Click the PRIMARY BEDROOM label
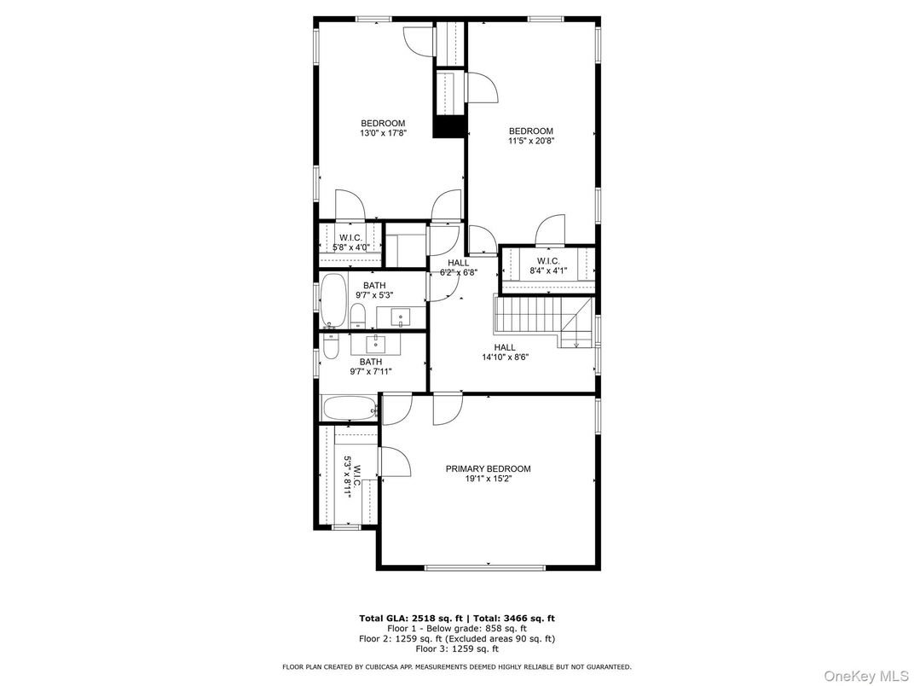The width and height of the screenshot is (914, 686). click(x=488, y=468)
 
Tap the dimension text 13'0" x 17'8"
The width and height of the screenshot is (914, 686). click(x=383, y=133)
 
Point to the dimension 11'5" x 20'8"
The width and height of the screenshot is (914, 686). click(x=531, y=142)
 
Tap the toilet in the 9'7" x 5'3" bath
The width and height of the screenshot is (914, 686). click(x=358, y=316)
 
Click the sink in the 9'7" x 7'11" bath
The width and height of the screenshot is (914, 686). click(x=376, y=344)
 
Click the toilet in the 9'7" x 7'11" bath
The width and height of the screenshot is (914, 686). click(x=332, y=345)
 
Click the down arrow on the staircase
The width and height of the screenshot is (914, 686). click(x=576, y=344)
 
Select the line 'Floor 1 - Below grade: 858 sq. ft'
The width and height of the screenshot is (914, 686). click(x=456, y=628)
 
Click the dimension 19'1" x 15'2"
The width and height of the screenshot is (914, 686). click(x=488, y=479)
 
